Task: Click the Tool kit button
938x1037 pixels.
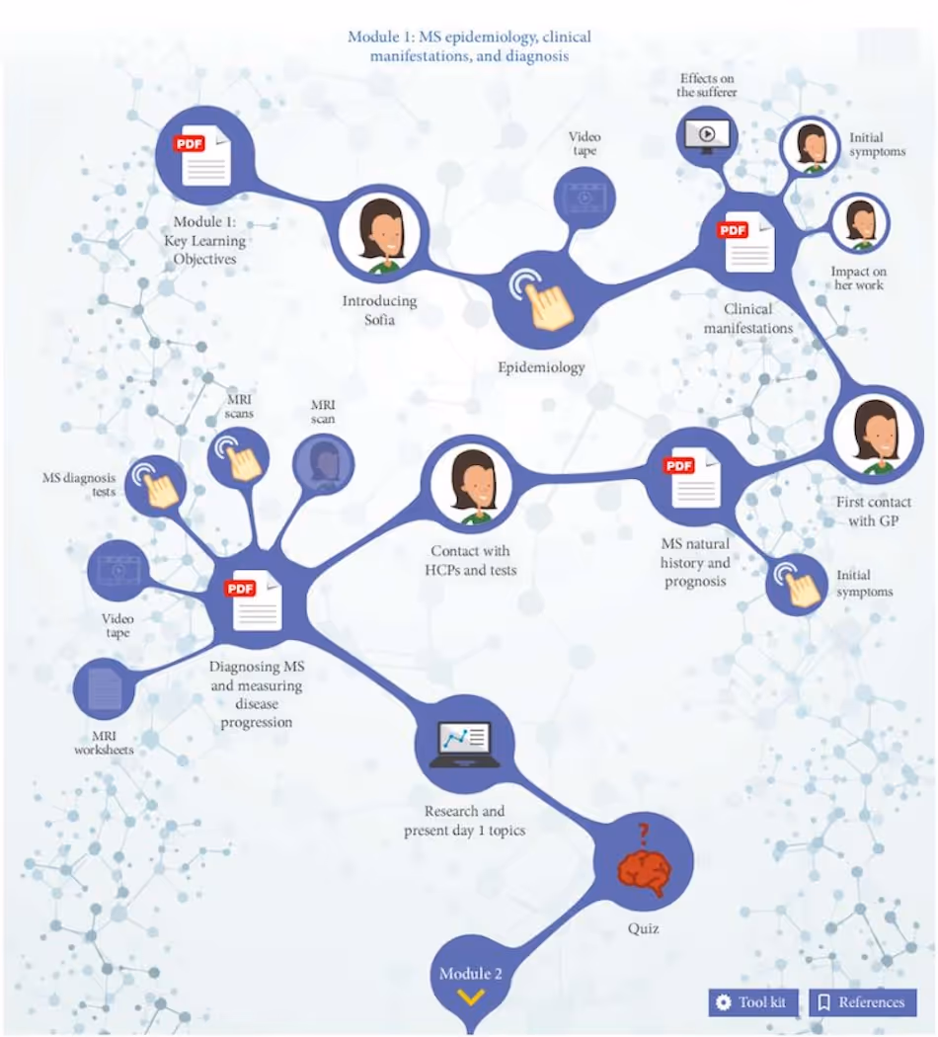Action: (x=753, y=1001)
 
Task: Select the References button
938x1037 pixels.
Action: (x=862, y=1001)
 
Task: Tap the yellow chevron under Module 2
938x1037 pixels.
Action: (x=471, y=997)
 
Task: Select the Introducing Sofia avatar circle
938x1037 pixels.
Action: (x=382, y=237)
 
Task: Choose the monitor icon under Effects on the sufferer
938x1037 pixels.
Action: (x=707, y=135)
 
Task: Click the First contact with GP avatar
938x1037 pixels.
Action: (x=875, y=436)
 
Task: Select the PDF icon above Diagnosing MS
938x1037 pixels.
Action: (x=256, y=599)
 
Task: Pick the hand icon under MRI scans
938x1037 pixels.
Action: (x=239, y=455)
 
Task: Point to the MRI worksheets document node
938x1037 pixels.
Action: (x=105, y=688)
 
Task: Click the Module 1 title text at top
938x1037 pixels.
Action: (x=469, y=46)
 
